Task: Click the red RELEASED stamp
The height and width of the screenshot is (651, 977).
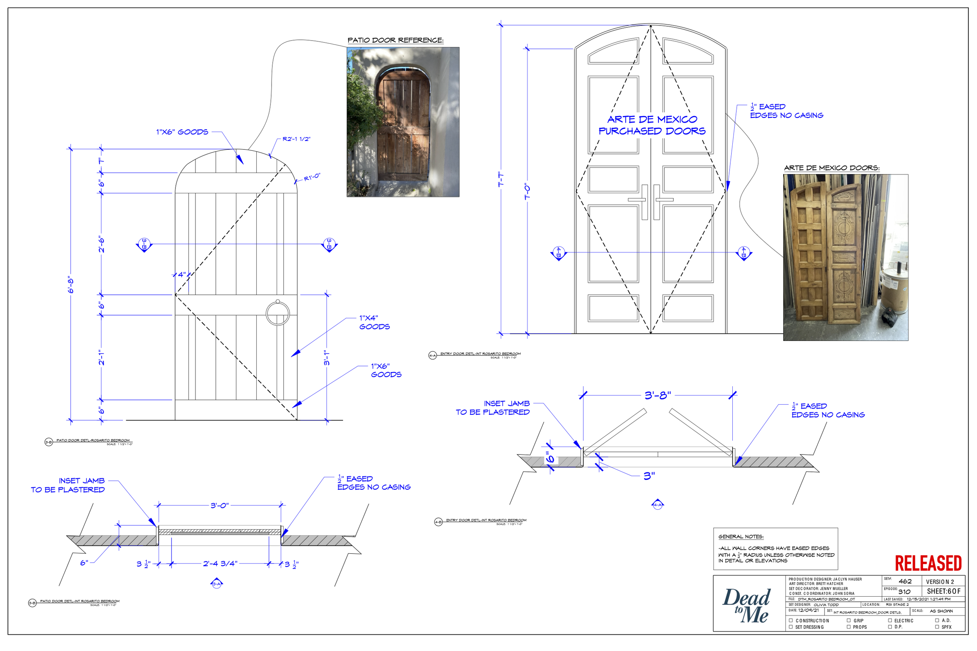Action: [x=928, y=564]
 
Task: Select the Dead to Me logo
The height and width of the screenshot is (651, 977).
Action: [x=746, y=606]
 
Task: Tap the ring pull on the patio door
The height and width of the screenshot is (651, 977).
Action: [x=277, y=314]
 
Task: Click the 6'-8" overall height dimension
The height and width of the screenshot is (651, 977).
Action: [x=71, y=285]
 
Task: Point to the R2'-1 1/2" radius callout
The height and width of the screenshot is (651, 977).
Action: [x=296, y=139]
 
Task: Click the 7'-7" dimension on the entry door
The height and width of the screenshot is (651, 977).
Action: [x=501, y=180]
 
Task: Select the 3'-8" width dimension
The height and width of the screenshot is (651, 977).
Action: [x=657, y=395]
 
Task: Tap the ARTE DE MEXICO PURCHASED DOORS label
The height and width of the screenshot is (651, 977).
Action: [x=652, y=125]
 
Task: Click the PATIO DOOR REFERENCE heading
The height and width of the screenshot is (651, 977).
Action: [x=395, y=40]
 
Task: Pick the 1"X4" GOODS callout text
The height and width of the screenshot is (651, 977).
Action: [x=374, y=322]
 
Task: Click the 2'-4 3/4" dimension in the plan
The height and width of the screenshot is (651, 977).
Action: [x=220, y=564]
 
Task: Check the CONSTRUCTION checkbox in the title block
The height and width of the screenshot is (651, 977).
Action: [x=791, y=620]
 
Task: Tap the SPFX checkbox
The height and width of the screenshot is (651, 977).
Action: [x=937, y=627]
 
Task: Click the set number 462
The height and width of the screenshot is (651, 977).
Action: [x=905, y=581]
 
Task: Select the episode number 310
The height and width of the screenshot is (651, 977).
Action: [x=904, y=591]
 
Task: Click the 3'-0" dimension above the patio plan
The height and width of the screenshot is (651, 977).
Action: [x=219, y=505]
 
